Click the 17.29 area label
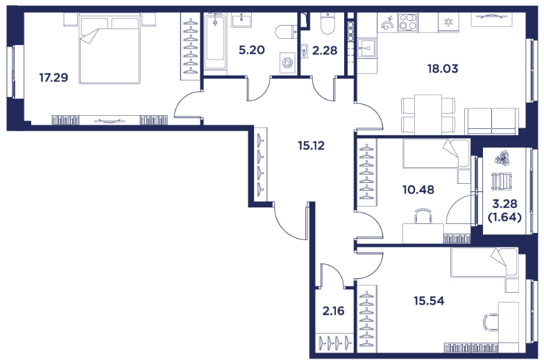[x=53, y=78]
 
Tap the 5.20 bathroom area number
[x=252, y=50]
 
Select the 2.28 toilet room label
[x=325, y=51]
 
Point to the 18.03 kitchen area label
[x=443, y=69]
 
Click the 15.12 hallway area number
[x=311, y=146]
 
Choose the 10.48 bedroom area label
[x=418, y=190]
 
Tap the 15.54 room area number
[x=429, y=301]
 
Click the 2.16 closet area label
[x=333, y=311]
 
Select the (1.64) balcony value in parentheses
[x=505, y=218]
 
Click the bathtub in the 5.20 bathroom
[x=215, y=42]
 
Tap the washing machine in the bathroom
[x=287, y=64]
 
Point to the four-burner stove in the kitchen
[x=408, y=22]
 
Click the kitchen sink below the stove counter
[x=367, y=48]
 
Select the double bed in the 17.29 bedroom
[x=110, y=49]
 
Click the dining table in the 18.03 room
[x=428, y=114]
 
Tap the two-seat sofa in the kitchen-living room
[x=491, y=121]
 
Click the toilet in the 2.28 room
[x=328, y=24]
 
